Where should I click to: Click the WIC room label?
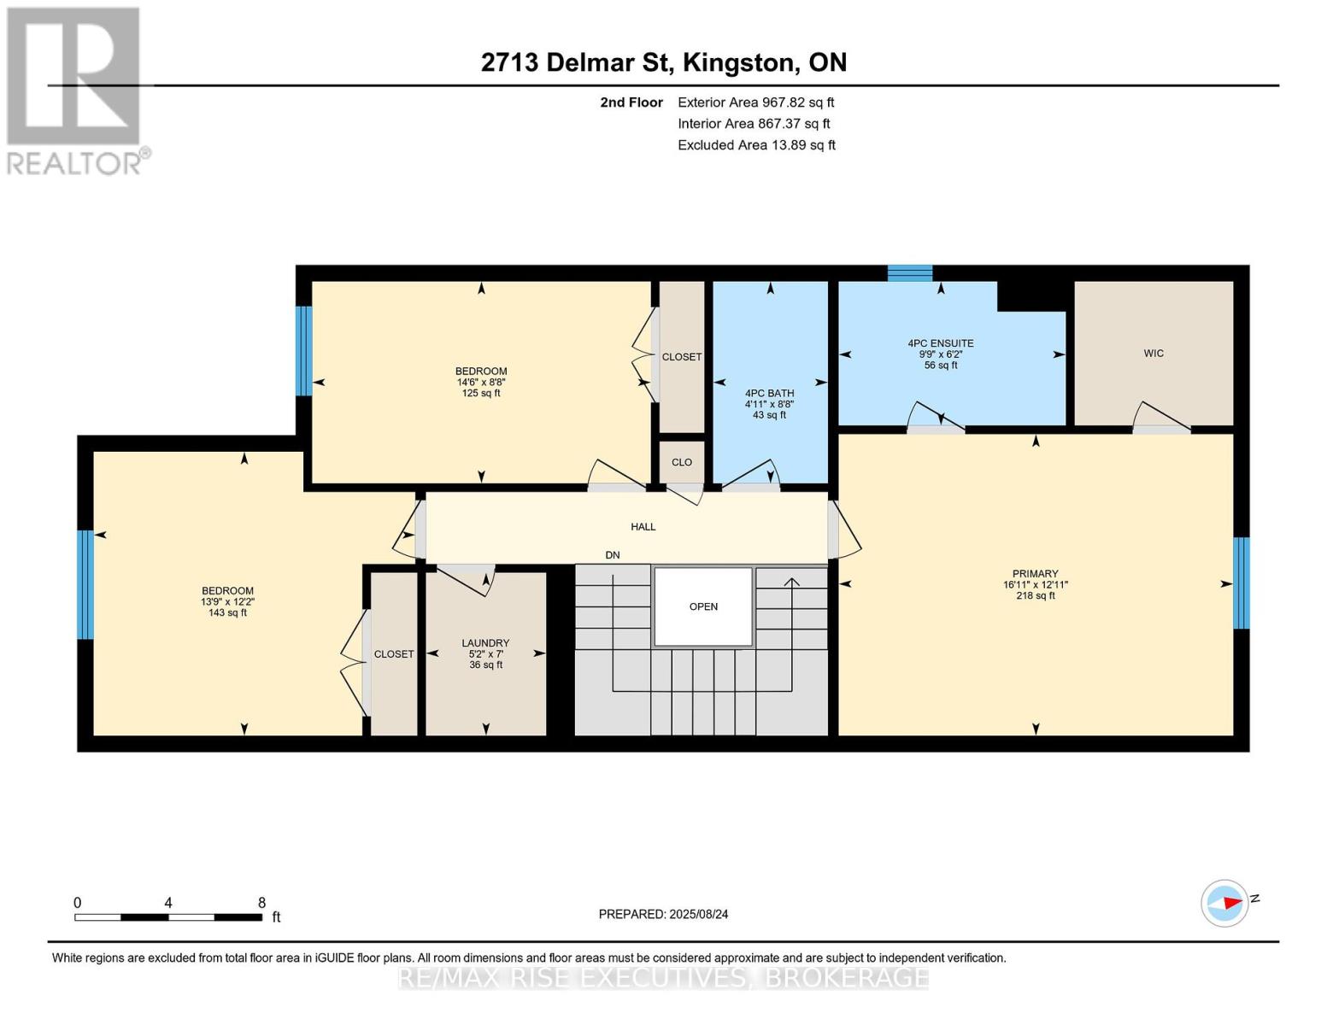point(1153,354)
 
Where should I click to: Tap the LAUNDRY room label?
point(485,643)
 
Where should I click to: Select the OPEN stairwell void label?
point(703,606)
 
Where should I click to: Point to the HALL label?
point(643,526)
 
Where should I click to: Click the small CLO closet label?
point(682,462)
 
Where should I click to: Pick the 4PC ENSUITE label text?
point(941,343)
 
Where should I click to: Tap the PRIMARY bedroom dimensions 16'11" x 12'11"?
point(1035,584)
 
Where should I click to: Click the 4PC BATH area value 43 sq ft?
point(769,415)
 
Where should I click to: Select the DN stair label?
point(613,555)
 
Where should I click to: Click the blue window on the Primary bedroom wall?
point(1241,583)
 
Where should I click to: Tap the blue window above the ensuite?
point(910,272)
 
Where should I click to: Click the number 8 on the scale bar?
point(262,902)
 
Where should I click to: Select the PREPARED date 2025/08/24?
point(699,914)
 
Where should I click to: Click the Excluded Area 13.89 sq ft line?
point(756,145)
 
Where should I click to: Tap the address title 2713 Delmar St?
point(577,62)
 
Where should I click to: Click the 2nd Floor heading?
point(631,102)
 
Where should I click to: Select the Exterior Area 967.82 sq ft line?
point(756,102)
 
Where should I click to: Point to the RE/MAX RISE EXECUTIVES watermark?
point(664,977)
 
